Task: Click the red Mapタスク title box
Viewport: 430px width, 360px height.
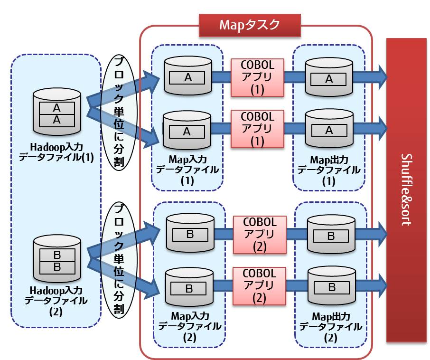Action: coord(250,25)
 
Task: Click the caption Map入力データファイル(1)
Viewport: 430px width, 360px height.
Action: coord(187,169)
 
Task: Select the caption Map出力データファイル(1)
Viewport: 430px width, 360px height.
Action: coord(329,169)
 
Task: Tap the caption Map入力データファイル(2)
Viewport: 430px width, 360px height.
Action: coord(189,326)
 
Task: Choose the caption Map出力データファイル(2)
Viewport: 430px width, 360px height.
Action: coord(331,326)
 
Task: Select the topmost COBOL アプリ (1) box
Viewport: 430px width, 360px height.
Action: coord(257,76)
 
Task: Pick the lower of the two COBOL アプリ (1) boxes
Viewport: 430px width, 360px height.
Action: coord(257,128)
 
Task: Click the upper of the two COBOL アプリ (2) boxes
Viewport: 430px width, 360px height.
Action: coord(259,234)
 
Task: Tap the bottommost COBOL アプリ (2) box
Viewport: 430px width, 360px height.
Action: coord(259,286)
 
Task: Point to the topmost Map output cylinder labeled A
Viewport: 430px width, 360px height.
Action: coord(329,77)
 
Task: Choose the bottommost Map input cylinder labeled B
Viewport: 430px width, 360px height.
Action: coord(188,287)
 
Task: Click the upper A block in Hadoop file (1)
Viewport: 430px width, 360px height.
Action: coord(57,108)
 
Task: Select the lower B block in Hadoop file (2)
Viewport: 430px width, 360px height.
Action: coord(57,267)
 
